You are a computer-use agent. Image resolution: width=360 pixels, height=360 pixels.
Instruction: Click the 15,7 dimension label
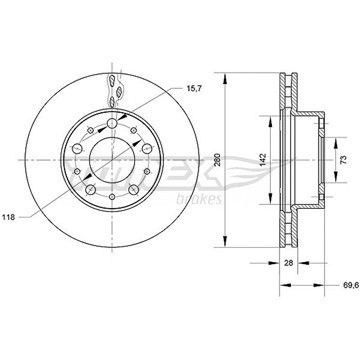(x=192, y=88)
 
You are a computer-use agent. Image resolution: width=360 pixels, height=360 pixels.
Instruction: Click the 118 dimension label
(x=10, y=217)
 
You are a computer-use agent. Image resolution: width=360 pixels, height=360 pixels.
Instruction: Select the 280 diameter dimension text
(x=218, y=160)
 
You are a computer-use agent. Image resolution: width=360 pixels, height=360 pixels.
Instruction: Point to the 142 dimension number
(x=262, y=160)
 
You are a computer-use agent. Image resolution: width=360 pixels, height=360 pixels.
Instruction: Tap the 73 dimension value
(x=344, y=160)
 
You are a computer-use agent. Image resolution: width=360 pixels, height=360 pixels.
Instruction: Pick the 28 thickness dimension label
(x=289, y=263)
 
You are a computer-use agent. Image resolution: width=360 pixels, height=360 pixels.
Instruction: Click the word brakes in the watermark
(x=199, y=199)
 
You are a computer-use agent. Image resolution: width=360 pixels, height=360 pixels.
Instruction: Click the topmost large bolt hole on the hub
(x=112, y=124)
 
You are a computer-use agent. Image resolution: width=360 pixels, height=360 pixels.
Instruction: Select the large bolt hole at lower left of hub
(x=91, y=190)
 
